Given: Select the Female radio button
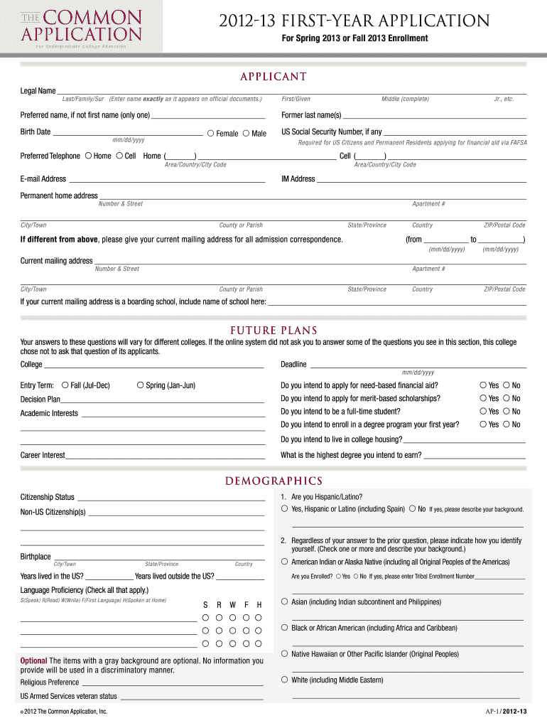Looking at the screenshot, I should (x=210, y=133).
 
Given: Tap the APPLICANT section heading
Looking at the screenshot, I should (x=273, y=77).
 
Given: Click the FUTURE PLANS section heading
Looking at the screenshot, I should (x=273, y=331).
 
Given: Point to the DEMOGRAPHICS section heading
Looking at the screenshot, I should (x=273, y=481).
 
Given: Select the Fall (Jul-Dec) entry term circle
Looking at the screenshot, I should (x=65, y=385).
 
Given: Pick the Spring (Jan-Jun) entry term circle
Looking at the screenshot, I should (x=140, y=385).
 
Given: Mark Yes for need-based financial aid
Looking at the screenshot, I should (x=483, y=385).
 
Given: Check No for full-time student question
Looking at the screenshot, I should (x=507, y=411).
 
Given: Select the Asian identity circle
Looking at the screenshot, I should (x=284, y=601).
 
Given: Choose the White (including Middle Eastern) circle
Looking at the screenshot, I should (x=284, y=680).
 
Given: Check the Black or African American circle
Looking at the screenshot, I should (x=284, y=627).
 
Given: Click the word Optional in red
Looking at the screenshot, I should (x=34, y=660).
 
